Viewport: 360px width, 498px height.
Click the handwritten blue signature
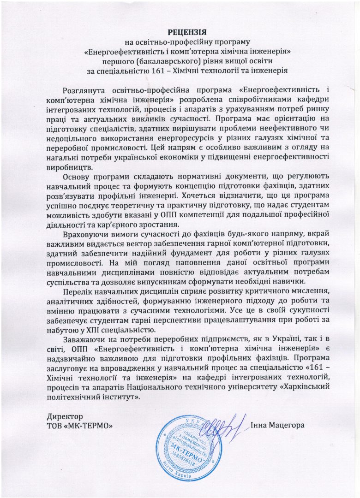(x=222, y=427)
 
